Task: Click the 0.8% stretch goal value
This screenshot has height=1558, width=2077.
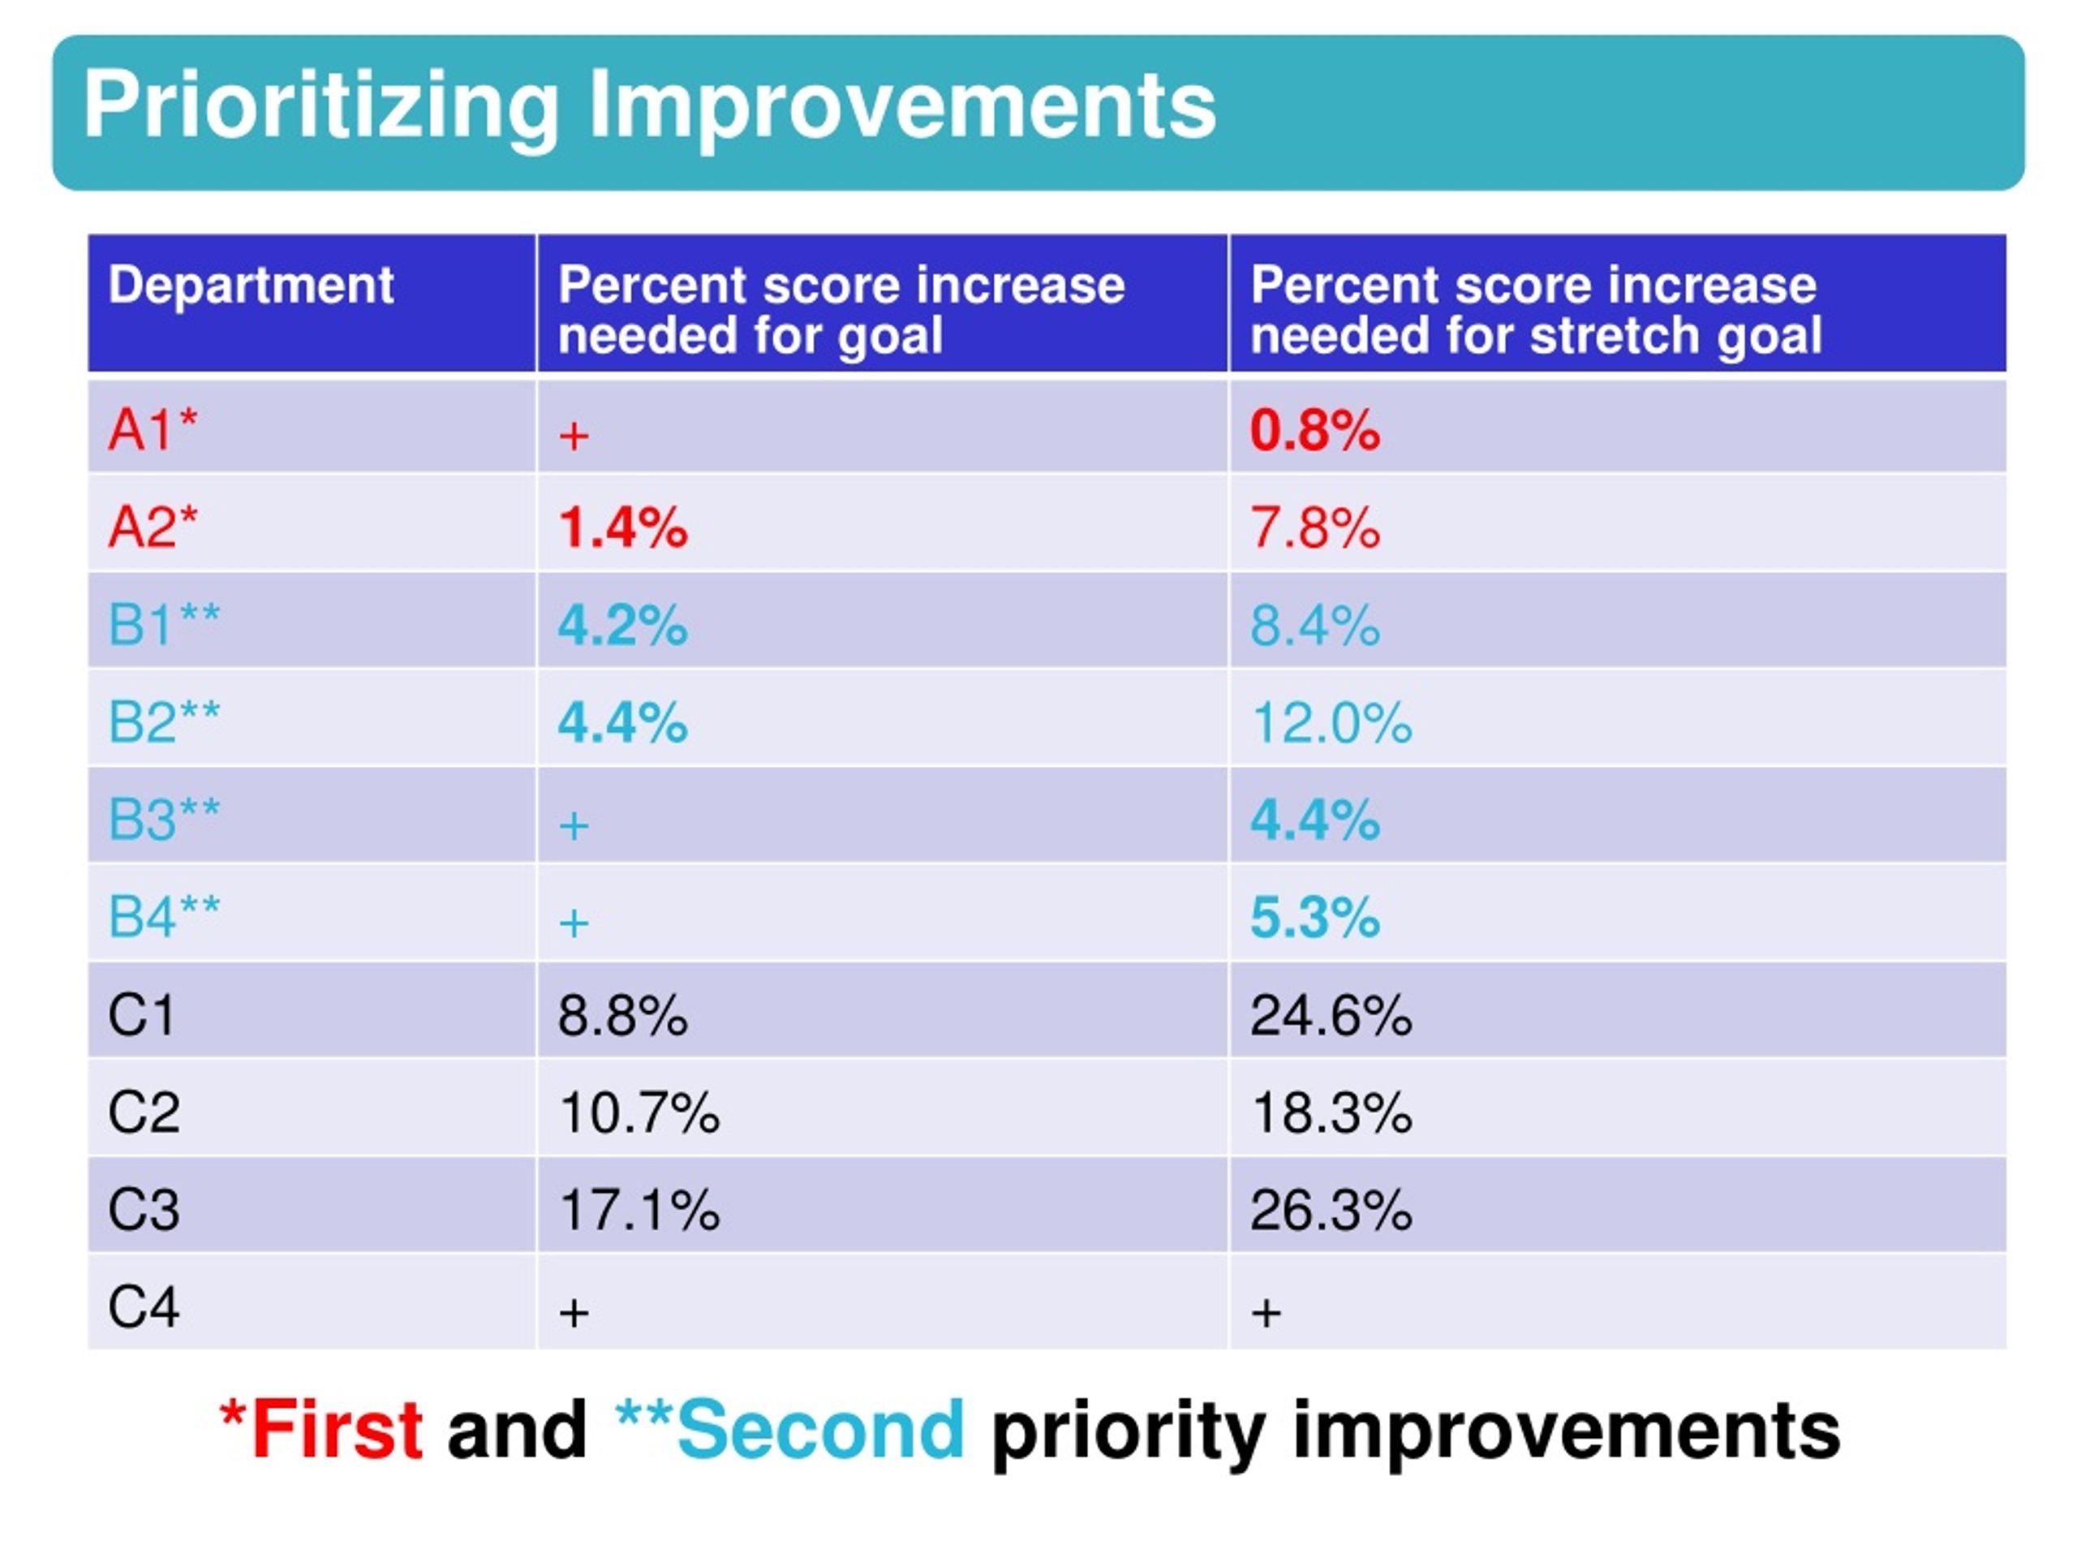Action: pos(1314,431)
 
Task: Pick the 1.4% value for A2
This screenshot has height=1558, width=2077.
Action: pos(622,527)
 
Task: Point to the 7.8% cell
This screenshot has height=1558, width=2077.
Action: pos(1314,527)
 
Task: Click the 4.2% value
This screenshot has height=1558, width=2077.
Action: pos(622,626)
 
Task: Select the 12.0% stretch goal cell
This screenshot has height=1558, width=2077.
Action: pos(1331,723)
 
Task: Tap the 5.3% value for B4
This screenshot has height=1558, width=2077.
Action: pos(1314,918)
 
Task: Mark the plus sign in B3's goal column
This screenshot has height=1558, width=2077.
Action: pos(574,826)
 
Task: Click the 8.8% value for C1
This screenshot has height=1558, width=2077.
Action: pos(622,1016)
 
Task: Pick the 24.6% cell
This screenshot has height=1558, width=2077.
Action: pos(1331,1016)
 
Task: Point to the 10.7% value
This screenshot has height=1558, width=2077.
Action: pos(639,1113)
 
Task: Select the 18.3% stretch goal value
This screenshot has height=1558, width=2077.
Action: pos(1331,1113)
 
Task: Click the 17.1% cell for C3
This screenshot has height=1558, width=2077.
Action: pos(639,1210)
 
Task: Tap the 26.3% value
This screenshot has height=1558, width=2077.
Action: pos(1331,1210)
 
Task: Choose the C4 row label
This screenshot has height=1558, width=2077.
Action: pos(144,1306)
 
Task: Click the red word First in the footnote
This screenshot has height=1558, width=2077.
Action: pos(336,1429)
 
